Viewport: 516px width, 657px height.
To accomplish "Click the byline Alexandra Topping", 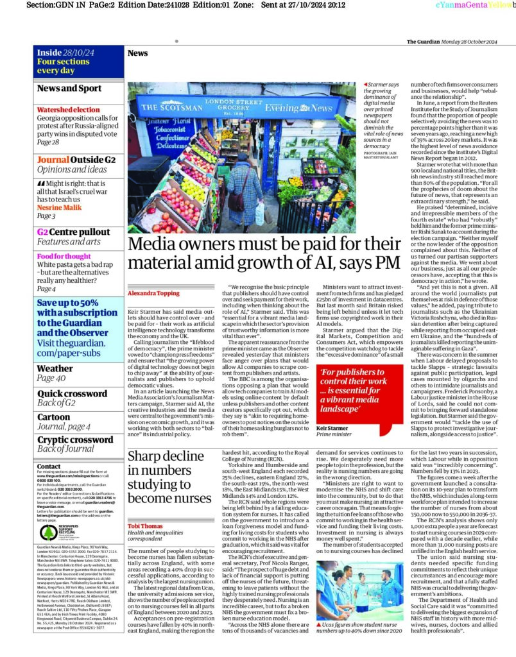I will point(153,275).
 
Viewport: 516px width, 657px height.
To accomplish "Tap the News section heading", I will point(137,53).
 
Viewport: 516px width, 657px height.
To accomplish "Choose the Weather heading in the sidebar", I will point(55,368).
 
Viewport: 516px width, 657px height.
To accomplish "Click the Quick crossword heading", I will point(72,393).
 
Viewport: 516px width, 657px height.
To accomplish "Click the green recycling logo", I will point(49,533).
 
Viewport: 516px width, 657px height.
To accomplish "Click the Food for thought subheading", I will point(64,257).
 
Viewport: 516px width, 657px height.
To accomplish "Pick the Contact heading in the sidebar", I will point(49,466).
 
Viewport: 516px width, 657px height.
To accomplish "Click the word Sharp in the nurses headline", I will point(146,456).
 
